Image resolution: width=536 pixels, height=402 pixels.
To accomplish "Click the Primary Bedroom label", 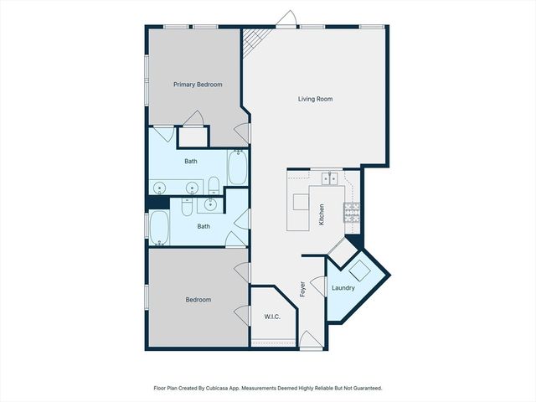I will [198, 85].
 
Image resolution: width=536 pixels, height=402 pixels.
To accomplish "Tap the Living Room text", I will [316, 99].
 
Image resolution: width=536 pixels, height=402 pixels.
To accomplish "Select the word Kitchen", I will [321, 215].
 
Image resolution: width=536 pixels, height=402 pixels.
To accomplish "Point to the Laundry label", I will [343, 288].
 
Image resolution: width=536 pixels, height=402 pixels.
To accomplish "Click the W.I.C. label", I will [271, 316].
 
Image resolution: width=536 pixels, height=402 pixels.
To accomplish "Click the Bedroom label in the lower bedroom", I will [198, 299].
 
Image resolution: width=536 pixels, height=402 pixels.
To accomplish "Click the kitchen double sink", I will [328, 178].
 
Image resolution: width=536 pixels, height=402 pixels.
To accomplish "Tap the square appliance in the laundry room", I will [362, 271].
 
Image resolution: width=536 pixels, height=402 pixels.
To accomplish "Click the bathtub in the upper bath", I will [237, 167].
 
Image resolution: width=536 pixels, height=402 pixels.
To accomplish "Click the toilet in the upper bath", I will [214, 184].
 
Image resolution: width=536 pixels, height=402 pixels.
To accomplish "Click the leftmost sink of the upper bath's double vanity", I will [160, 188].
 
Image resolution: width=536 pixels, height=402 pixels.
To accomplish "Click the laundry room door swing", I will [317, 286].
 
